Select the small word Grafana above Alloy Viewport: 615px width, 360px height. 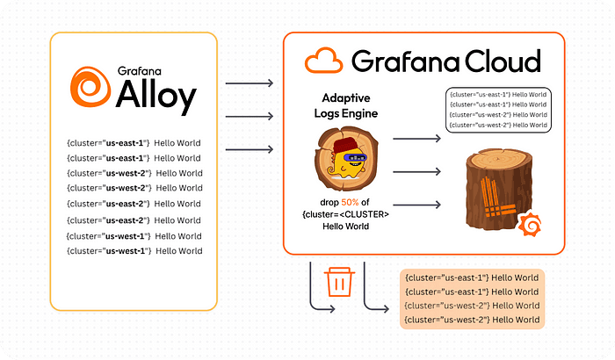(134, 71)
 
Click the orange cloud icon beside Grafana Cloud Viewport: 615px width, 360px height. (323, 60)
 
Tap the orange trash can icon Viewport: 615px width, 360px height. (339, 283)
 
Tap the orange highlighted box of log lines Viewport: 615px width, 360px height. (472, 299)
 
